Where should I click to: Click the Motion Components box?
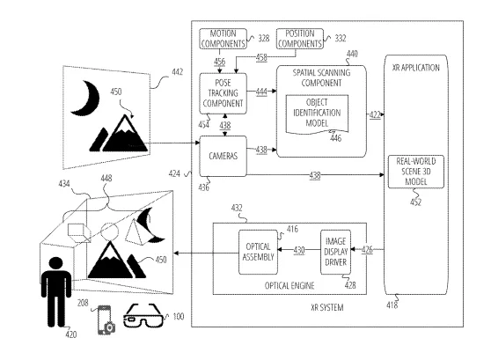coord(223,39)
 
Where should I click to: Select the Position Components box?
coord(300,39)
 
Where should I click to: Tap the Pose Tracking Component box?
coord(223,93)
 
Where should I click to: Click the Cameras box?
coord(223,156)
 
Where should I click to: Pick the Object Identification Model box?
coord(317,114)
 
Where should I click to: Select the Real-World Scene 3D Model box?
coord(416,172)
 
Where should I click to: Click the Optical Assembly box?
coord(258,252)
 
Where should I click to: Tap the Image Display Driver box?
coord(335,252)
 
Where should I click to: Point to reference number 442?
coord(177,72)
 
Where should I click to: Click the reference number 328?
coord(264,38)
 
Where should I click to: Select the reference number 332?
coord(341,38)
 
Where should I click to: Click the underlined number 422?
coord(375,114)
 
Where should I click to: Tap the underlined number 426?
coord(367,250)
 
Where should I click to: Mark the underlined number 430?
coord(299,250)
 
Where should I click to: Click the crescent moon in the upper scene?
coord(85,98)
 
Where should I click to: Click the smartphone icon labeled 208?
coord(106,320)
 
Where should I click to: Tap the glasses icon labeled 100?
coord(143,316)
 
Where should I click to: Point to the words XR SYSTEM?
coord(327,308)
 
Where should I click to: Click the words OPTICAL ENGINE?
coord(289,286)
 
